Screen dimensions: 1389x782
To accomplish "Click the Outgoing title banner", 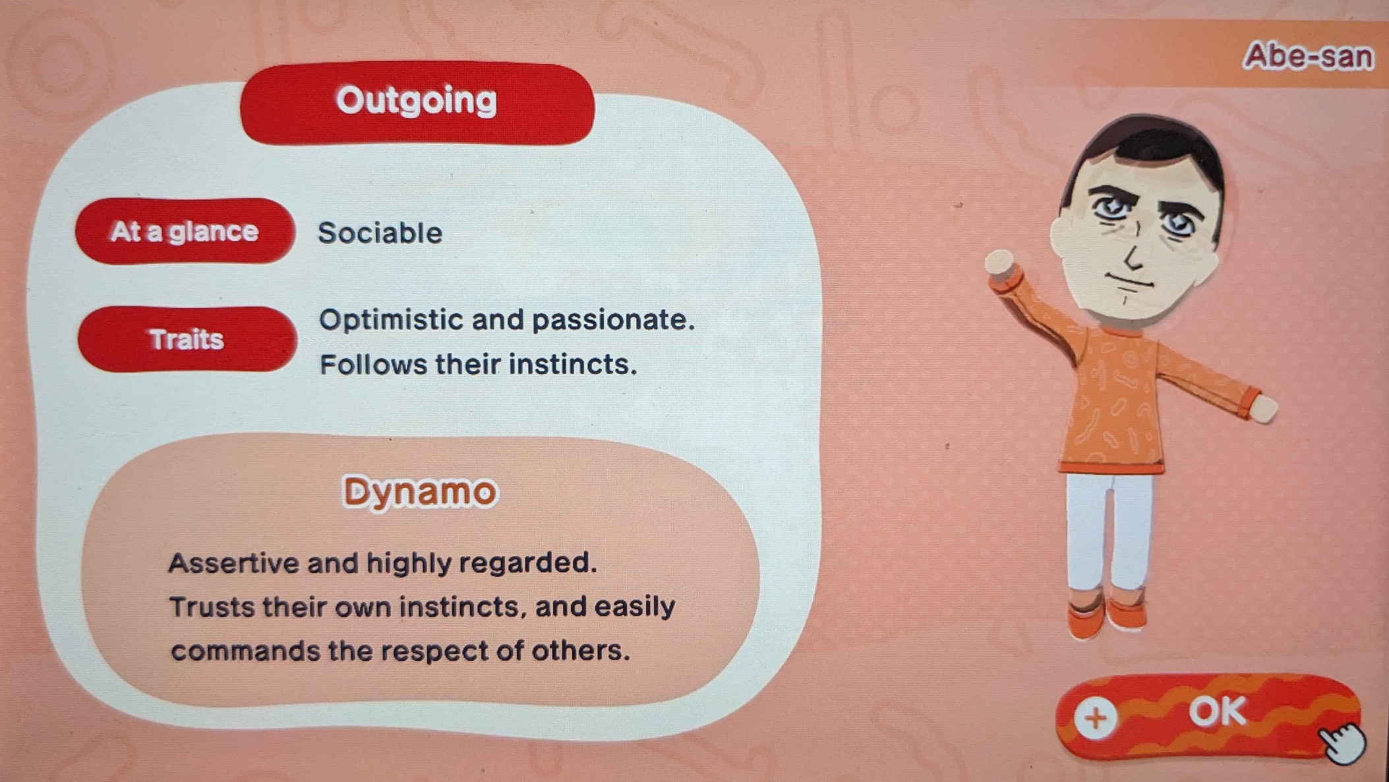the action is pyautogui.click(x=417, y=103).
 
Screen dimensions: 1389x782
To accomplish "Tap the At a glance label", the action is pyautogui.click(x=185, y=231).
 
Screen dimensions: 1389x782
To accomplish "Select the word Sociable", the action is pyautogui.click(x=380, y=233).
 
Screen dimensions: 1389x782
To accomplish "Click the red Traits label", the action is pyautogui.click(x=187, y=339).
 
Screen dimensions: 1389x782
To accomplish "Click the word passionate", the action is pyautogui.click(x=613, y=321).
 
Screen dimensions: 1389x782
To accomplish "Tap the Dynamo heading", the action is pyautogui.click(x=420, y=491).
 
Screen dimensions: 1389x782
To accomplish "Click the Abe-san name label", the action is pyautogui.click(x=1308, y=56).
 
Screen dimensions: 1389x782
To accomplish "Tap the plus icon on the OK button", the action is pyautogui.click(x=1096, y=717).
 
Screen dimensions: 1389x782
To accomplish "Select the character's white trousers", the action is pyautogui.click(x=1109, y=531).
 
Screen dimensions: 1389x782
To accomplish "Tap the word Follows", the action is pyautogui.click(x=373, y=364).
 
